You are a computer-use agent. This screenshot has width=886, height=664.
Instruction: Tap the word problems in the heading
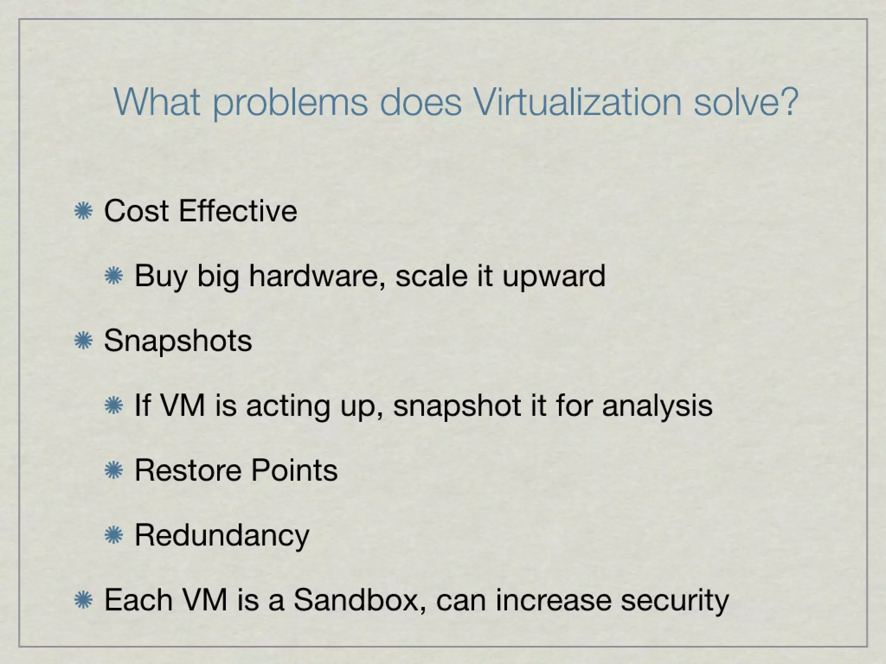point(290,103)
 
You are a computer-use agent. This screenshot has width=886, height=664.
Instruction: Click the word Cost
point(136,211)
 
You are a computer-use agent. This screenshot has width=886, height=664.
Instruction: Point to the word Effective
point(238,211)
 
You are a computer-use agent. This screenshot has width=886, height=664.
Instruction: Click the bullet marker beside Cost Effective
point(83,211)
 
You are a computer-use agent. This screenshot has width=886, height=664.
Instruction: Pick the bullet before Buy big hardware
point(114,276)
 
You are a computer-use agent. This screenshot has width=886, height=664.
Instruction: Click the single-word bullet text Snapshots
point(178,341)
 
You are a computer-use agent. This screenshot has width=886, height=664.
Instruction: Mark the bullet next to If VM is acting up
point(114,406)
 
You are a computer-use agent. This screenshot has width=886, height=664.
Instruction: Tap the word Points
point(294,470)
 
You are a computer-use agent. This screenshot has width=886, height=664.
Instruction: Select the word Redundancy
point(222,536)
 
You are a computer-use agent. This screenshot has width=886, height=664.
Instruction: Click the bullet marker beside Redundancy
point(114,536)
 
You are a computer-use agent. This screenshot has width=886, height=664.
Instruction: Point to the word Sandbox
point(355,600)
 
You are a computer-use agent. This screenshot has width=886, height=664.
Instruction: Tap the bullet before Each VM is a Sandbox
point(83,600)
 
